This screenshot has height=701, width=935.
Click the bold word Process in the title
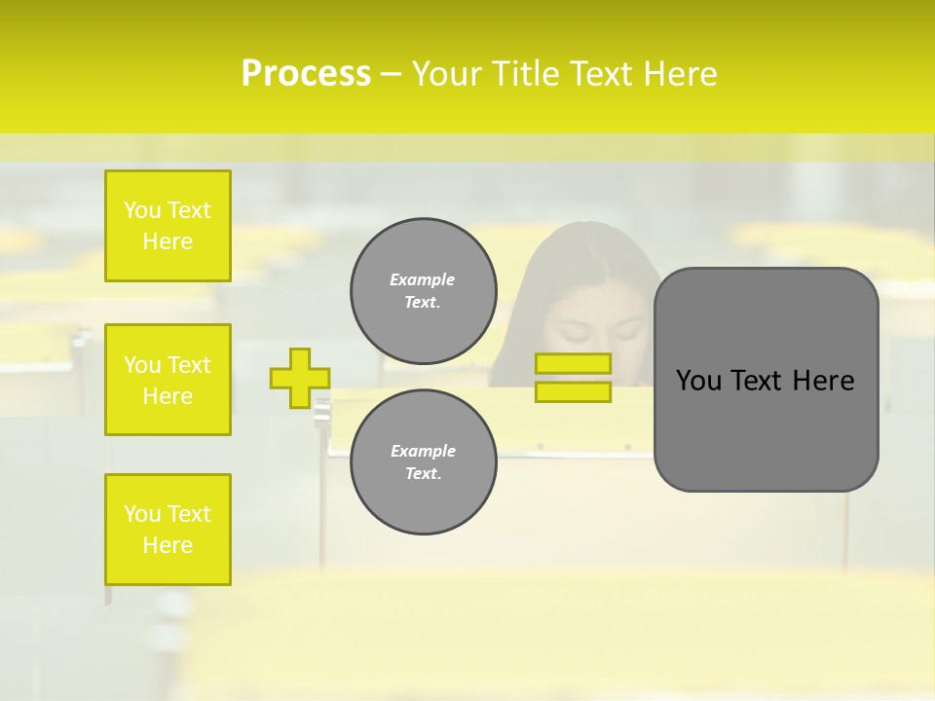(306, 74)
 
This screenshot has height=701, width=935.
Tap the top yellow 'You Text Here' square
(168, 226)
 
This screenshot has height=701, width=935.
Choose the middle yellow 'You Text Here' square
(168, 380)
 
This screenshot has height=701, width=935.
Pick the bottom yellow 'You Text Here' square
(168, 530)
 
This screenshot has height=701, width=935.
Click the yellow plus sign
(299, 378)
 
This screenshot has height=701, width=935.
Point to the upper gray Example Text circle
(423, 290)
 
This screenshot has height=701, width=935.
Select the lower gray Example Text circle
(423, 461)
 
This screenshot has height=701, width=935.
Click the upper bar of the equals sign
(574, 363)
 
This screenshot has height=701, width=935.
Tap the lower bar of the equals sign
(574, 392)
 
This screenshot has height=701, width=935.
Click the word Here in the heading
(678, 74)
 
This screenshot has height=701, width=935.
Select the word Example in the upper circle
(422, 279)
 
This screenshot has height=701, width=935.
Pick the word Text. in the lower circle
(423, 474)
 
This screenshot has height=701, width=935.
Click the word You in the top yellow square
(142, 210)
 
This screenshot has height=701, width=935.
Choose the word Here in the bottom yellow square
(168, 545)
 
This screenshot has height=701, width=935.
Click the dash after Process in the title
(391, 74)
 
